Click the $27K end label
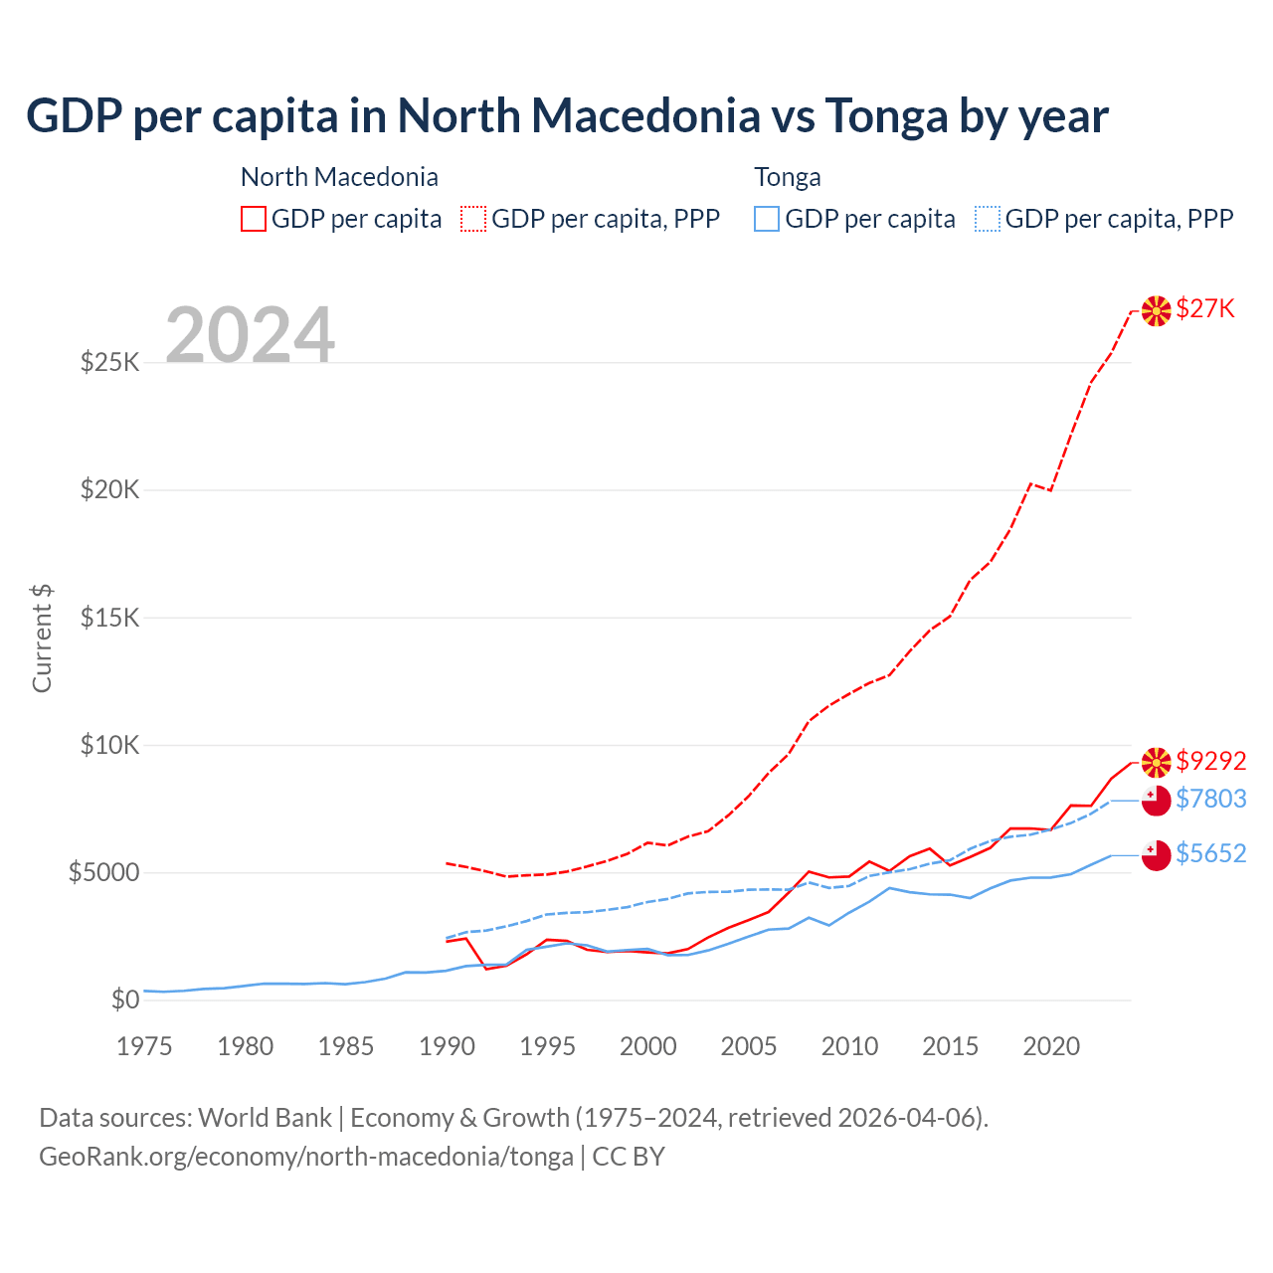point(1205,309)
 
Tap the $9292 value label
point(1210,761)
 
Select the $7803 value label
point(1210,799)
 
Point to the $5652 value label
point(1210,853)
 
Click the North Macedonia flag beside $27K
point(1156,311)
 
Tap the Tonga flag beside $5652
point(1156,855)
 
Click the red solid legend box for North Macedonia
point(254,219)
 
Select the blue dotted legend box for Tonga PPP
point(988,219)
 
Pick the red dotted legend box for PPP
point(474,219)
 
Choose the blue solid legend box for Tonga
point(767,219)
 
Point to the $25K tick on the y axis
point(109,362)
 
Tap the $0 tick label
point(124,1000)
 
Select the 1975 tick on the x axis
point(144,1046)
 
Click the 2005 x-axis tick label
point(749,1046)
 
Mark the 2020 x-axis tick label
point(1051,1046)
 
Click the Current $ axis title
point(42,638)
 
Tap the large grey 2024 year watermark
point(250,335)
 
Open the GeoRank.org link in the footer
point(306,1157)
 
